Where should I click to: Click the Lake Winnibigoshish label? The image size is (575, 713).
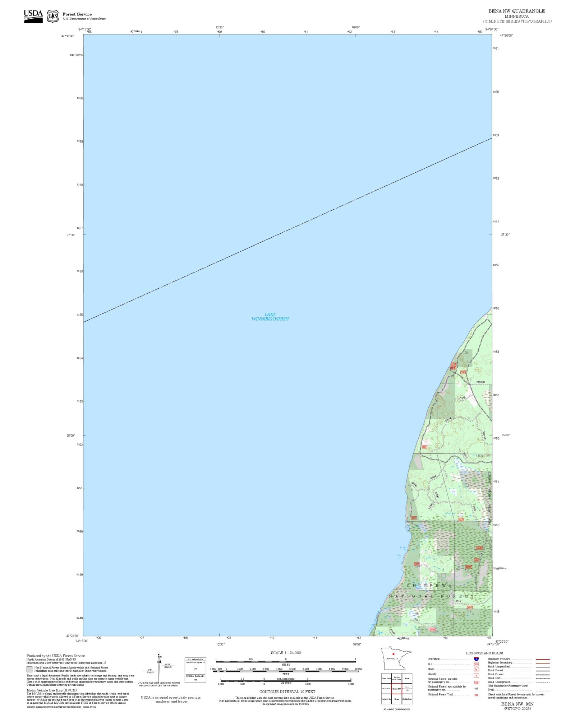[270, 317]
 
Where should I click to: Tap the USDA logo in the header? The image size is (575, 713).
[33, 16]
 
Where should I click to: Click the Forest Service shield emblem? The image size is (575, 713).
[53, 16]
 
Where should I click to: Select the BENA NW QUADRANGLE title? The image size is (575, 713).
[516, 11]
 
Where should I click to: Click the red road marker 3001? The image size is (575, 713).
[424, 447]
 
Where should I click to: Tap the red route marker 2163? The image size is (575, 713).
[463, 372]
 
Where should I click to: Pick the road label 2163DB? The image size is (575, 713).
[480, 382]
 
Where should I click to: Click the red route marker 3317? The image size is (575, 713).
[470, 607]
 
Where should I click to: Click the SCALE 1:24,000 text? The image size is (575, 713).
[286, 653]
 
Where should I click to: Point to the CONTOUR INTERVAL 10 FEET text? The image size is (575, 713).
[287, 691]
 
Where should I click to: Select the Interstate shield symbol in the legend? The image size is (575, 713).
[476, 659]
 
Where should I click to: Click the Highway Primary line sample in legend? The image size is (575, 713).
[542, 659]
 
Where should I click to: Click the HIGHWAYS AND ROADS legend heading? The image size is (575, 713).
[484, 653]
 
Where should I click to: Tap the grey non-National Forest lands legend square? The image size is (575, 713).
[29, 669]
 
